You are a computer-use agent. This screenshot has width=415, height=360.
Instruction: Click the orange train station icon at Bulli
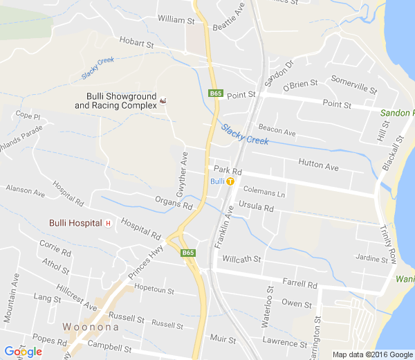click(230, 181)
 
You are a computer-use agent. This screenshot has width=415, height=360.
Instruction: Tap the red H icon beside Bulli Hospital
click(108, 223)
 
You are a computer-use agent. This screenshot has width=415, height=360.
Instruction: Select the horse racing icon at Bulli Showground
click(163, 102)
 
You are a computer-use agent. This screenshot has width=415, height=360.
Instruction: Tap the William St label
click(176, 20)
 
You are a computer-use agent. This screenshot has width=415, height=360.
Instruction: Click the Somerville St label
click(354, 86)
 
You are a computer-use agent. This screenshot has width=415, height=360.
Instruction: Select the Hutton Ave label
click(318, 167)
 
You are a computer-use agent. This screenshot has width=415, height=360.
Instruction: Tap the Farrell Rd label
click(299, 283)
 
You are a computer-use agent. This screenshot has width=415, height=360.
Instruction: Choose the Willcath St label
click(241, 259)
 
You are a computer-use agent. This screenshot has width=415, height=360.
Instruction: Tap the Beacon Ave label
click(277, 132)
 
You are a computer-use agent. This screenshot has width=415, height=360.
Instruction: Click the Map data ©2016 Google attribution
click(373, 354)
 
